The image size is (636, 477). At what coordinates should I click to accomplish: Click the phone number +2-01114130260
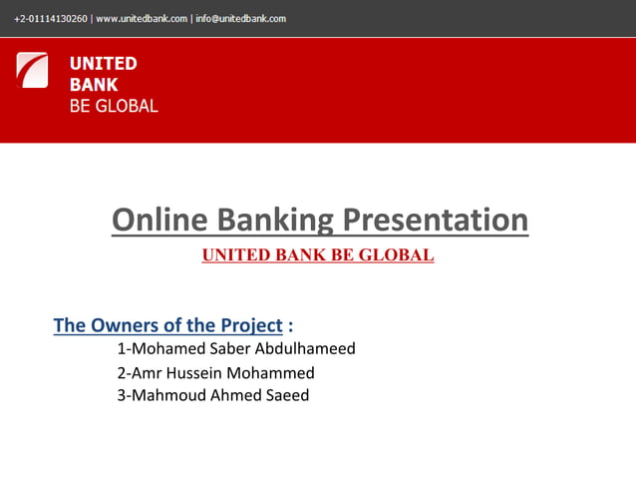50,18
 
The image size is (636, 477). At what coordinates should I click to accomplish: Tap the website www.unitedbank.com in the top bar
142,18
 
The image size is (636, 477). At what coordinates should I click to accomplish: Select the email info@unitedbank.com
240,18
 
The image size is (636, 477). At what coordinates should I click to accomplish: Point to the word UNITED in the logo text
103,64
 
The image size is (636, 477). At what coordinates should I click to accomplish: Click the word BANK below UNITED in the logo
93,85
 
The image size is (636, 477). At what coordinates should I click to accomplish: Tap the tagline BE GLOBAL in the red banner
113,106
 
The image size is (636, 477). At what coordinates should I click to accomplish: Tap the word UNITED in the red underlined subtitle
232,254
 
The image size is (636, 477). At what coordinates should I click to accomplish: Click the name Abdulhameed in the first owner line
306,349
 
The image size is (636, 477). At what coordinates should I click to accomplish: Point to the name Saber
230,349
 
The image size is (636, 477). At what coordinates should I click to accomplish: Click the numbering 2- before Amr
124,373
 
